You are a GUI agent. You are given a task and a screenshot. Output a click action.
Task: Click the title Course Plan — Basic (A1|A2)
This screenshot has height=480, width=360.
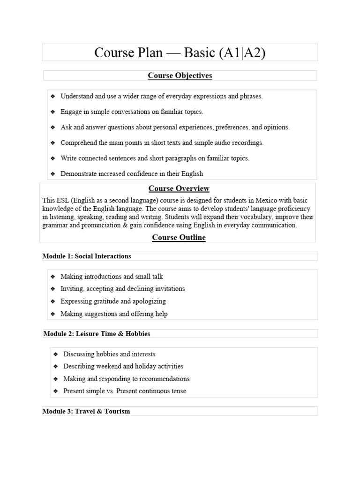tap(180, 52)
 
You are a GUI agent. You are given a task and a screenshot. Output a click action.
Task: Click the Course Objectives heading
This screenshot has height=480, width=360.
tap(180, 75)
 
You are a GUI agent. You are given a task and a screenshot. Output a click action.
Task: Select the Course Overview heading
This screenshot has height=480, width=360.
tap(179, 188)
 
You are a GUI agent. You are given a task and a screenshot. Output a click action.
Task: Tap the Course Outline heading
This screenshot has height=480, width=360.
tap(179, 237)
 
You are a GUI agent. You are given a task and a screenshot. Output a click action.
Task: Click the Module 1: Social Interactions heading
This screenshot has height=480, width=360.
tap(87, 256)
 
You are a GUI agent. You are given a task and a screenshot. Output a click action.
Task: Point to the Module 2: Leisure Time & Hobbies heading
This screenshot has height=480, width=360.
tap(97, 334)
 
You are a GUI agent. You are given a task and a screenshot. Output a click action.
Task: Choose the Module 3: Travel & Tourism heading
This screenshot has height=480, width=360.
tap(86, 411)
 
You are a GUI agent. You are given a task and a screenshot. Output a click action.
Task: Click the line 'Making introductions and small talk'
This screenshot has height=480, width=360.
tap(112, 277)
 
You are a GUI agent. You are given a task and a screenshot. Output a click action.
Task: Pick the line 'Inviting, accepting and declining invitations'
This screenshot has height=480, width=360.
tap(122, 289)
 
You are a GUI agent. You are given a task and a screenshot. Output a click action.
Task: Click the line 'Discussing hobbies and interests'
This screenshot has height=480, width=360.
tap(109, 354)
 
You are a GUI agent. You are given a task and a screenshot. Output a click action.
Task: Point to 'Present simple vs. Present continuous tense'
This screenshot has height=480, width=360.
tap(125, 390)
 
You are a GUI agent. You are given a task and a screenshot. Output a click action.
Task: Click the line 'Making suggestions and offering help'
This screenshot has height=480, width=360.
tap(114, 314)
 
